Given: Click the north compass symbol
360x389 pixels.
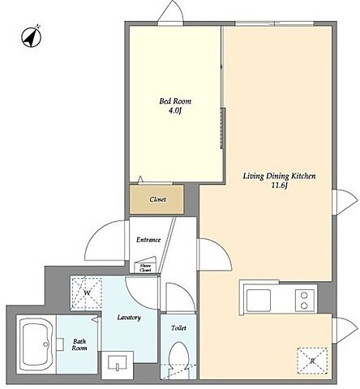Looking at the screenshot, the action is tap(32, 37).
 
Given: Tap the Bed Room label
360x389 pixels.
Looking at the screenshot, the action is tap(175, 101).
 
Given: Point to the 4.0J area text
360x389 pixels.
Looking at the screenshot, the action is tap(175, 111).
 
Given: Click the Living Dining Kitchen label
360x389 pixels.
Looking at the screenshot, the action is tap(279, 176).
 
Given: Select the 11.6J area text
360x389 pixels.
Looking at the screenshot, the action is tap(280, 186).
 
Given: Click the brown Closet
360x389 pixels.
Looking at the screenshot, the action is tap(156, 199).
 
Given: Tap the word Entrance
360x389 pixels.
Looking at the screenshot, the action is tap(148, 240).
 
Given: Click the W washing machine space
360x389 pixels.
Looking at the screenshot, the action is tap(86, 293).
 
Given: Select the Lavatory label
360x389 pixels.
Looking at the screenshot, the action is tap(129, 318).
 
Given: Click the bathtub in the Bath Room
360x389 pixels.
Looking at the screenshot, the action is tap(36, 344).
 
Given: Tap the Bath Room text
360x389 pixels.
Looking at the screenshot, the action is tap(79, 344).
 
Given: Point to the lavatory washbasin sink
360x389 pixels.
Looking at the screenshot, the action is tap(117, 363).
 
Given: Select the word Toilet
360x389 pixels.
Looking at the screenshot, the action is tap(178, 328).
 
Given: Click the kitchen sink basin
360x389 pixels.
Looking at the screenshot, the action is tap(259, 300).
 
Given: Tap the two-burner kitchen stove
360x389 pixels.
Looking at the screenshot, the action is tap(305, 300).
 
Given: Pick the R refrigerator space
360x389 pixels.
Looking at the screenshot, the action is tap(312, 361).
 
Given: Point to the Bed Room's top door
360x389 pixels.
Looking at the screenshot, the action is tap(171, 12).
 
